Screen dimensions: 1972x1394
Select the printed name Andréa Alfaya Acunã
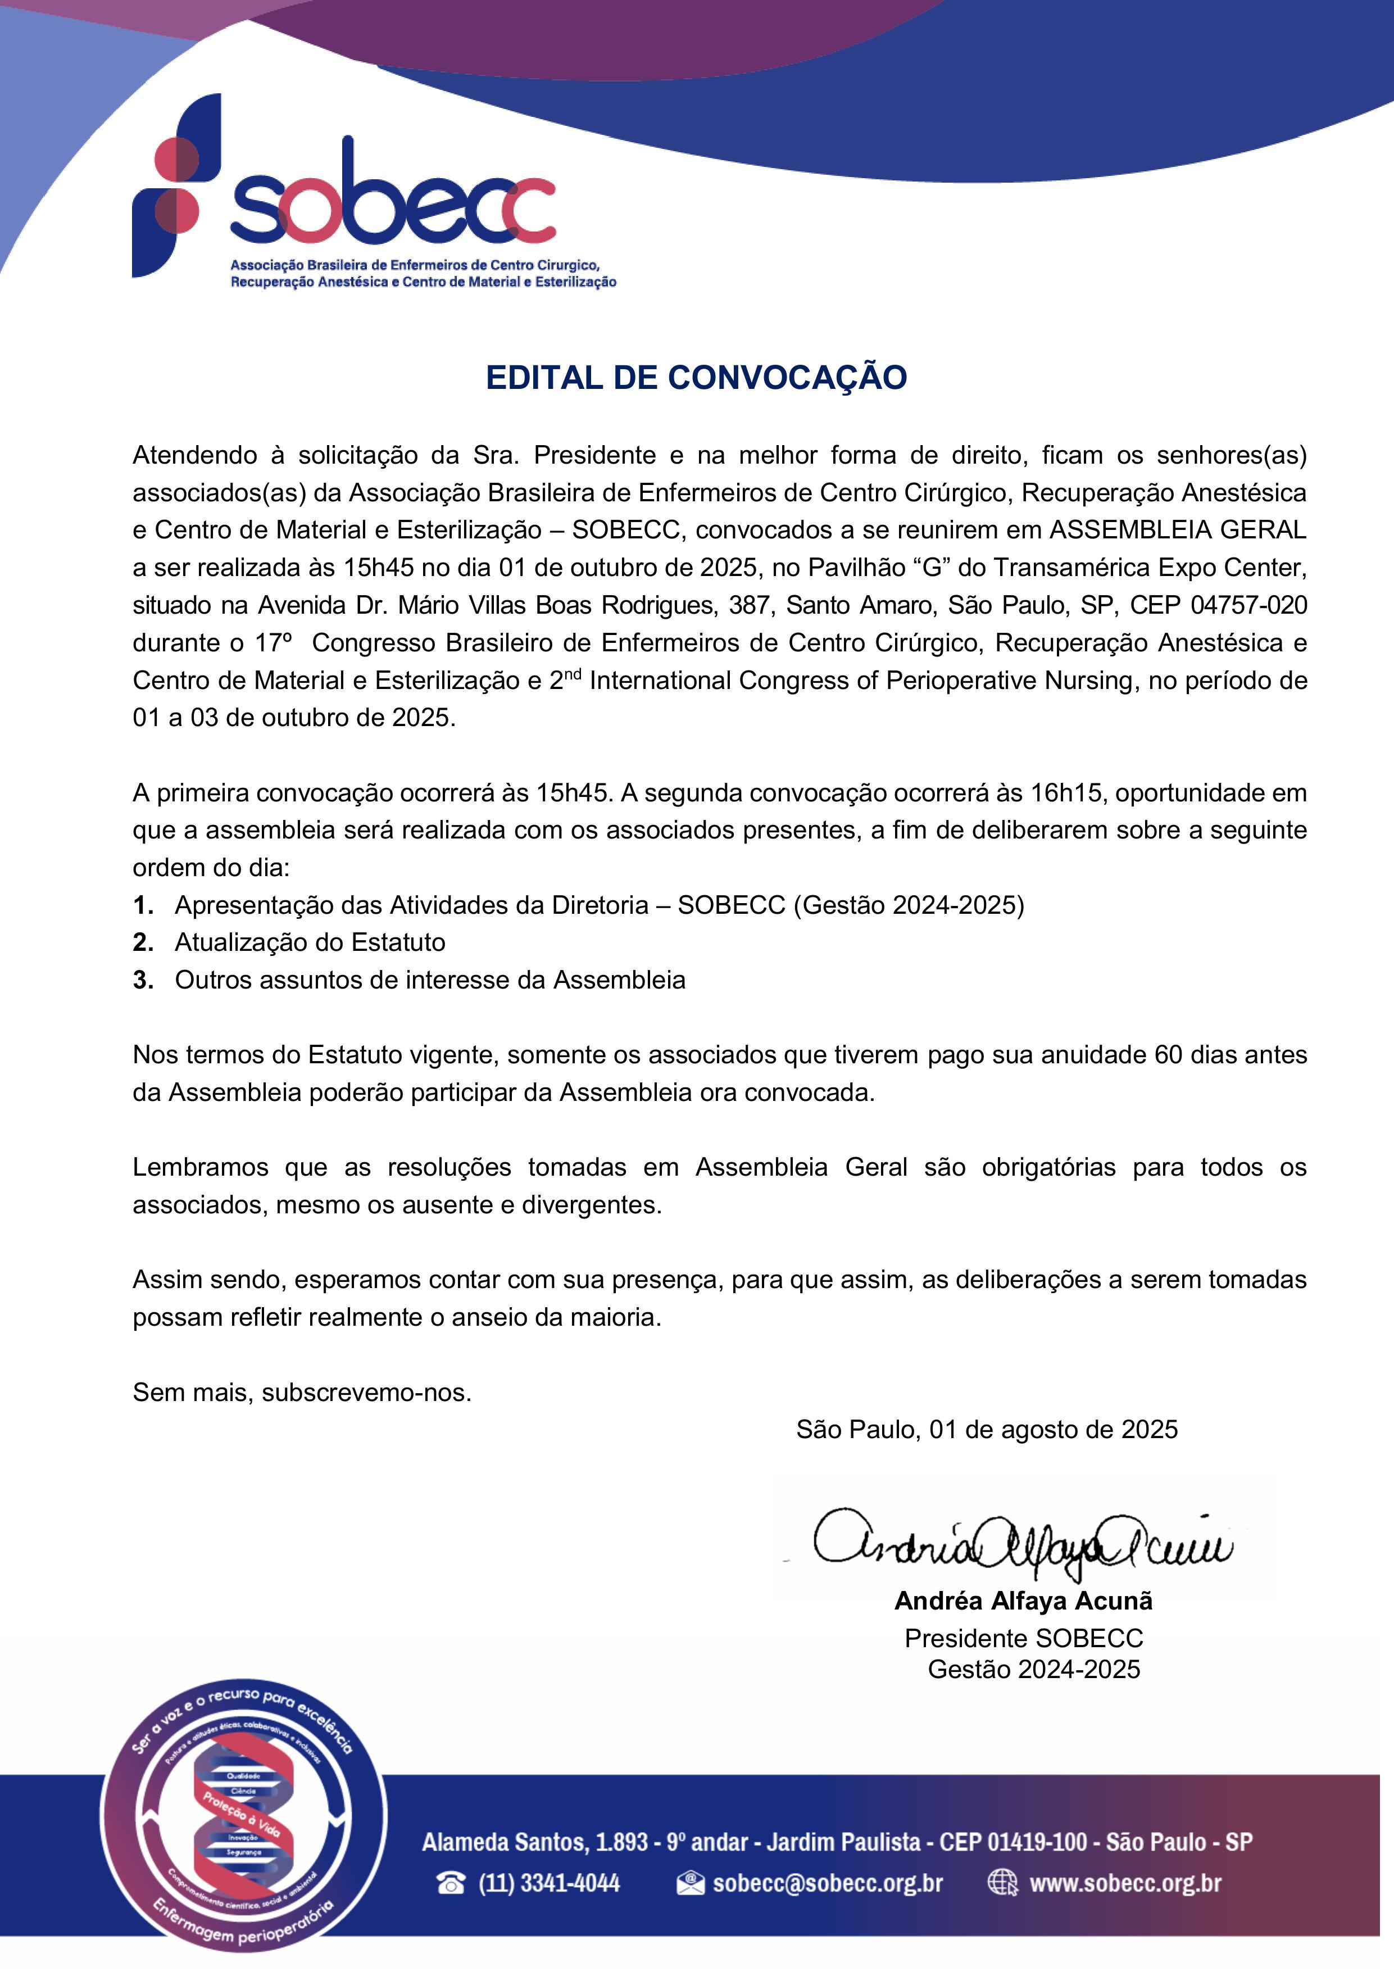point(1023,1601)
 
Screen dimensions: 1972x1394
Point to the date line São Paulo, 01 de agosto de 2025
point(987,1429)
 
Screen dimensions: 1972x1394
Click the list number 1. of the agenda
point(143,905)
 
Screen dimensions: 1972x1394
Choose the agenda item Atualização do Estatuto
point(310,943)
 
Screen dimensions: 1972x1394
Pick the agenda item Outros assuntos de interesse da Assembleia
point(429,980)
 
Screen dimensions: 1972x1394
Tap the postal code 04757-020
point(1249,605)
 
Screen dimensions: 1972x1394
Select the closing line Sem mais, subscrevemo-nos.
point(302,1392)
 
